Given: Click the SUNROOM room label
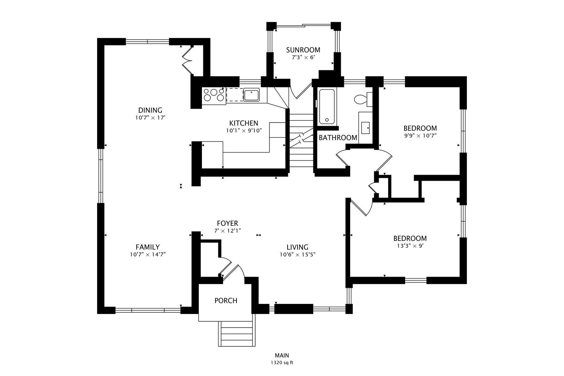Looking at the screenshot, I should [303, 50].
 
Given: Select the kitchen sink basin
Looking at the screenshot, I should [251, 95].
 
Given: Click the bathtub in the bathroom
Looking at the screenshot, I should [327, 107].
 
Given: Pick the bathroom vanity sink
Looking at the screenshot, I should [366, 128].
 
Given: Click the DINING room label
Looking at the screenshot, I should [150, 110].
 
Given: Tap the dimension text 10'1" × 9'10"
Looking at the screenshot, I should [243, 131].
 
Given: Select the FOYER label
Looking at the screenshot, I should [227, 223].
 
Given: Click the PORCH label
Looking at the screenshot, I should [226, 300].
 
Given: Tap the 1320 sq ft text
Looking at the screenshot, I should [282, 363].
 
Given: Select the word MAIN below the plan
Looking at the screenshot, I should [282, 355].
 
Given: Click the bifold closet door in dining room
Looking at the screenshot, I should [187, 60].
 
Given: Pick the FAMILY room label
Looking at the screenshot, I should [148, 247].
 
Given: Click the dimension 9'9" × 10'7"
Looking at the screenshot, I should [420, 135].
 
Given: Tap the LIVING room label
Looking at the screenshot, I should [297, 247].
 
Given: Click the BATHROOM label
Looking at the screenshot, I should [338, 138].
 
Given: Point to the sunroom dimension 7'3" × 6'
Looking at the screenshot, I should [303, 57].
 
